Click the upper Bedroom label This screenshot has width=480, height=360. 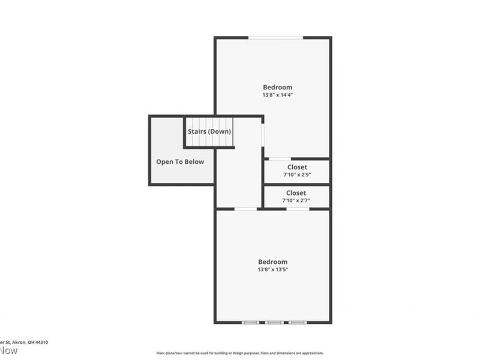[277, 87]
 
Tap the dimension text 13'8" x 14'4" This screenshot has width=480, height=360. [277, 95]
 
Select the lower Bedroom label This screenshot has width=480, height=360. [273, 262]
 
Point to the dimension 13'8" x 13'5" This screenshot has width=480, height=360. [273, 269]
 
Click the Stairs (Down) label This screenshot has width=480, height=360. [209, 131]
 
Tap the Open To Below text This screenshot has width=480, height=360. [180, 161]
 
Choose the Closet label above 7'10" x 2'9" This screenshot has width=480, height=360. [297, 167]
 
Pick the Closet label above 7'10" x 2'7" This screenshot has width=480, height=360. [296, 193]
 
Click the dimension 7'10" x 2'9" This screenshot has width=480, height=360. [297, 175]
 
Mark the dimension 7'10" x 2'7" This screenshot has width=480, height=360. [296, 200]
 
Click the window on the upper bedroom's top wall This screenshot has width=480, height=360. [276, 38]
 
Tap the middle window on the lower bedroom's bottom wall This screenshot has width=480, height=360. [274, 323]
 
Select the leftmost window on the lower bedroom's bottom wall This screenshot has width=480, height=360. [250, 323]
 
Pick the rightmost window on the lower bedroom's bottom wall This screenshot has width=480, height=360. [298, 323]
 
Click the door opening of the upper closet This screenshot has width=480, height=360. [278, 159]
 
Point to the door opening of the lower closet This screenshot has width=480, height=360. [298, 209]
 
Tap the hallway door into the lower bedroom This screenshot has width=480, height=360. [245, 209]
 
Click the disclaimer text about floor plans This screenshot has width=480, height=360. [240, 353]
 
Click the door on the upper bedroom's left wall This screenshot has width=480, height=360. [263, 135]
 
